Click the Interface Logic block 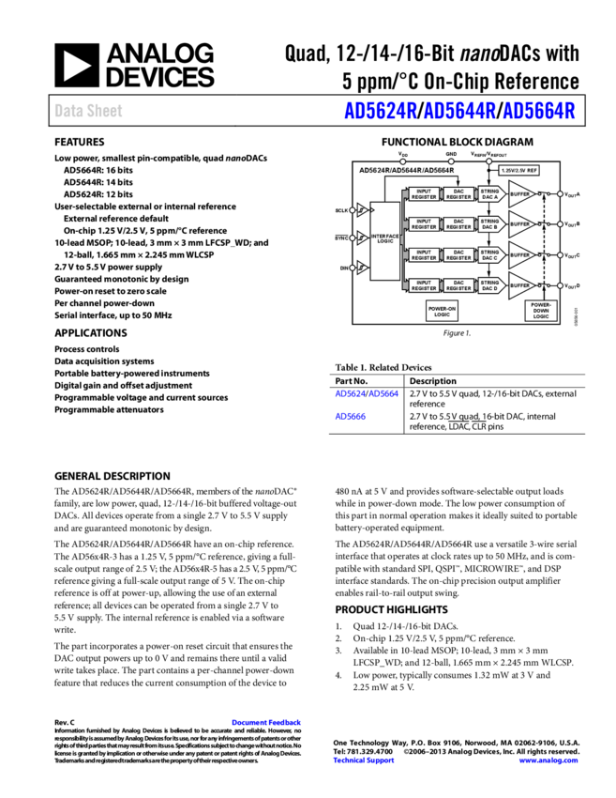tap(385, 240)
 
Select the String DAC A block tap(490, 194)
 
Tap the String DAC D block tap(490, 284)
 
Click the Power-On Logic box tap(442, 312)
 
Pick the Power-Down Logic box tap(541, 311)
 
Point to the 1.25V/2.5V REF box tap(518, 171)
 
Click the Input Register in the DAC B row tap(424, 224)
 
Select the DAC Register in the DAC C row tap(458, 254)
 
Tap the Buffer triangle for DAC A tap(519, 194)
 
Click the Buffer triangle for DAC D tap(519, 284)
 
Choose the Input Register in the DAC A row tap(424, 194)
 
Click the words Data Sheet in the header tap(88, 111)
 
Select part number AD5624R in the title tap(380, 111)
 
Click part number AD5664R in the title tap(538, 111)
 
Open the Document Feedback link tap(266, 722)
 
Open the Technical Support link tap(364, 760)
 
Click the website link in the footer tap(548, 760)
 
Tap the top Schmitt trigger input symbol tap(362, 210)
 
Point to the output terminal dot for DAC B tap(560, 224)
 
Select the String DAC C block tap(490, 254)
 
